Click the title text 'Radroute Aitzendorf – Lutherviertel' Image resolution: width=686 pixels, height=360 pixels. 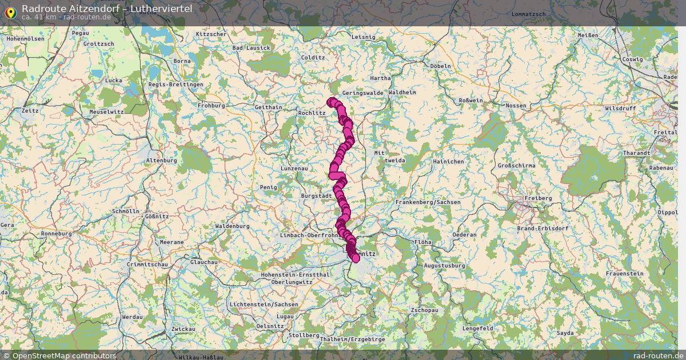coord(107,8)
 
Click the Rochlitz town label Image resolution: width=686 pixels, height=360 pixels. coord(312,113)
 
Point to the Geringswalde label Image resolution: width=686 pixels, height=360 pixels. coord(362,93)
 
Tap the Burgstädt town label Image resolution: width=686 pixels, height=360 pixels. coord(316,195)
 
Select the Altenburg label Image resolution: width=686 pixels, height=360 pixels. coord(162,161)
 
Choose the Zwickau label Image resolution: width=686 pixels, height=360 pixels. coord(183,330)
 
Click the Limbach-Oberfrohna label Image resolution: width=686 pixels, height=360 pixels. coord(310,235)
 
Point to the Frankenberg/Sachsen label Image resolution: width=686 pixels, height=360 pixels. coord(428,202)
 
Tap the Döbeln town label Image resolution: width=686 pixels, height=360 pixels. coord(440,66)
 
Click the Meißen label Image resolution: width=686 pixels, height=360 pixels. coord(588,35)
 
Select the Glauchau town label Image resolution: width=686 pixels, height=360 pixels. coord(204,262)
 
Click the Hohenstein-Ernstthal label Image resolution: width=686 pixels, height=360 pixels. coord(294,275)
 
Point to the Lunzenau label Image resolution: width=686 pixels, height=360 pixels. coord(295,169)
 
